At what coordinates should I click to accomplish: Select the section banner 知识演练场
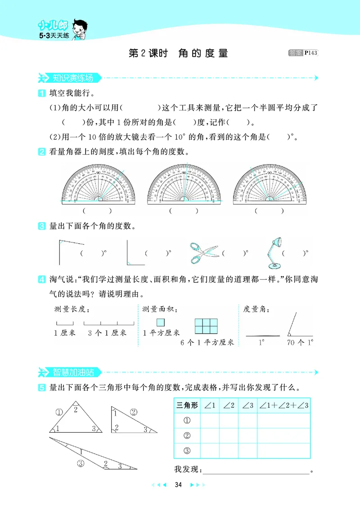[72, 78]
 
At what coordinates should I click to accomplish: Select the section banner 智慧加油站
[72, 372]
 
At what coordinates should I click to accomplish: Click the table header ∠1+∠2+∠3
[284, 406]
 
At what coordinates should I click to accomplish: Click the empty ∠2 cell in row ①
[229, 421]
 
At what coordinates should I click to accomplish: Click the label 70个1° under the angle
[299, 343]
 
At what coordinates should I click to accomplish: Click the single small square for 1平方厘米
[161, 322]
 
